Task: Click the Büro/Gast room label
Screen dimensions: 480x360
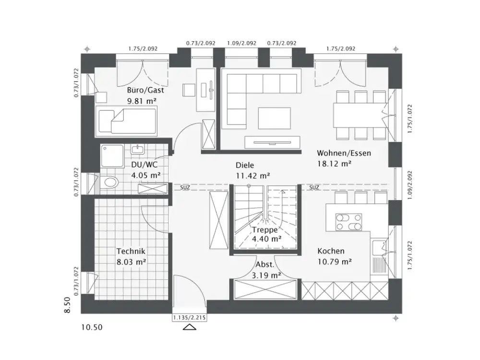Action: coord(142,90)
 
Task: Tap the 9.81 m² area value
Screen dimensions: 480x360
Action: coord(142,101)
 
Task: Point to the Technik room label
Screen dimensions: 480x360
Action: coord(131,251)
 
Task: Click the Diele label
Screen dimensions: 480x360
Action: coord(244,165)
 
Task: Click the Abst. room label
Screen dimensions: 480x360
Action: coord(264,264)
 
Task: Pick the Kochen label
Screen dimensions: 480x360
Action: coord(331,251)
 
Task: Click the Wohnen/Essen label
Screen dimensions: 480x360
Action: coord(344,153)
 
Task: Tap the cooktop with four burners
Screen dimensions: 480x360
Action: coord(349,222)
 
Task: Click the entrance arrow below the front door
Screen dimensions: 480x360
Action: coord(190,327)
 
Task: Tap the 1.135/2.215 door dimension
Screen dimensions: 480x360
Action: coord(190,317)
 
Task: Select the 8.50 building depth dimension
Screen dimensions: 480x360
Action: coord(68,305)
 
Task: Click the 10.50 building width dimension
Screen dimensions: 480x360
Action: coord(91,328)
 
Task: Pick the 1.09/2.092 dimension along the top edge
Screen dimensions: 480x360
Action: coord(241,43)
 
